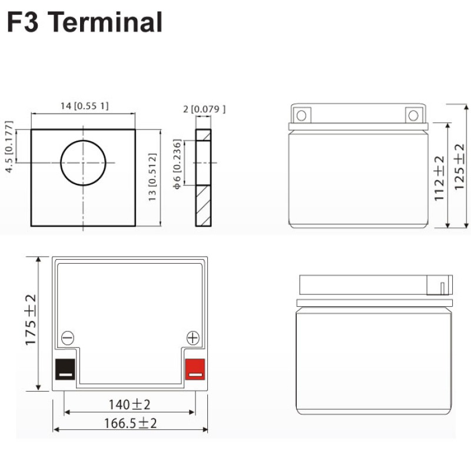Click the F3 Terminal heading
pyautogui.click(x=84, y=22)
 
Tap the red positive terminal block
pyautogui.click(x=195, y=369)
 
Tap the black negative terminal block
pyautogui.click(x=65, y=369)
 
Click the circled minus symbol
pyautogui.click(x=68, y=338)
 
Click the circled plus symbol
pyautogui.click(x=193, y=338)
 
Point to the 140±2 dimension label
pyautogui.click(x=130, y=404)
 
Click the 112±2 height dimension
pyautogui.click(x=440, y=179)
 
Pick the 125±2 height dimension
pyautogui.click(x=461, y=166)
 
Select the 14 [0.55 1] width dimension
pyautogui.click(x=85, y=106)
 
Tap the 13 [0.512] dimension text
pyautogui.click(x=152, y=178)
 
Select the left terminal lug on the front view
pyautogui.click(x=302, y=114)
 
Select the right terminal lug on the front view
pyautogui.click(x=414, y=114)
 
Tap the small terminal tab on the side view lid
pyautogui.click(x=442, y=287)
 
